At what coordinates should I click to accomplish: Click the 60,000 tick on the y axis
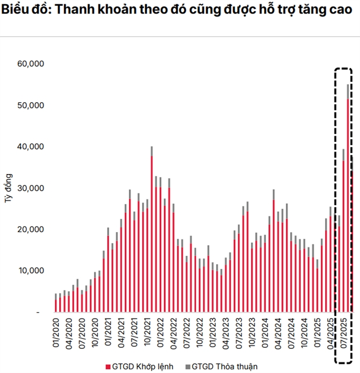[31, 64]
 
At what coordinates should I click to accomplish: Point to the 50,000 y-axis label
[31, 105]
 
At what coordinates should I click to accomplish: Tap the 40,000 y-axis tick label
[31, 147]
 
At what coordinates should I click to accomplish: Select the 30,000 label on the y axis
[31, 188]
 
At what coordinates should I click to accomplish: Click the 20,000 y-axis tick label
[31, 229]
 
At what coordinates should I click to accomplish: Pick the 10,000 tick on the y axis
[31, 271]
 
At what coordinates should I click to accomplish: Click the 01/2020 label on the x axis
[56, 331]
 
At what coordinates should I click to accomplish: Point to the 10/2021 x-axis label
[147, 331]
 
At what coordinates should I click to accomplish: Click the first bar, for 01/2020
[56, 303]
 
